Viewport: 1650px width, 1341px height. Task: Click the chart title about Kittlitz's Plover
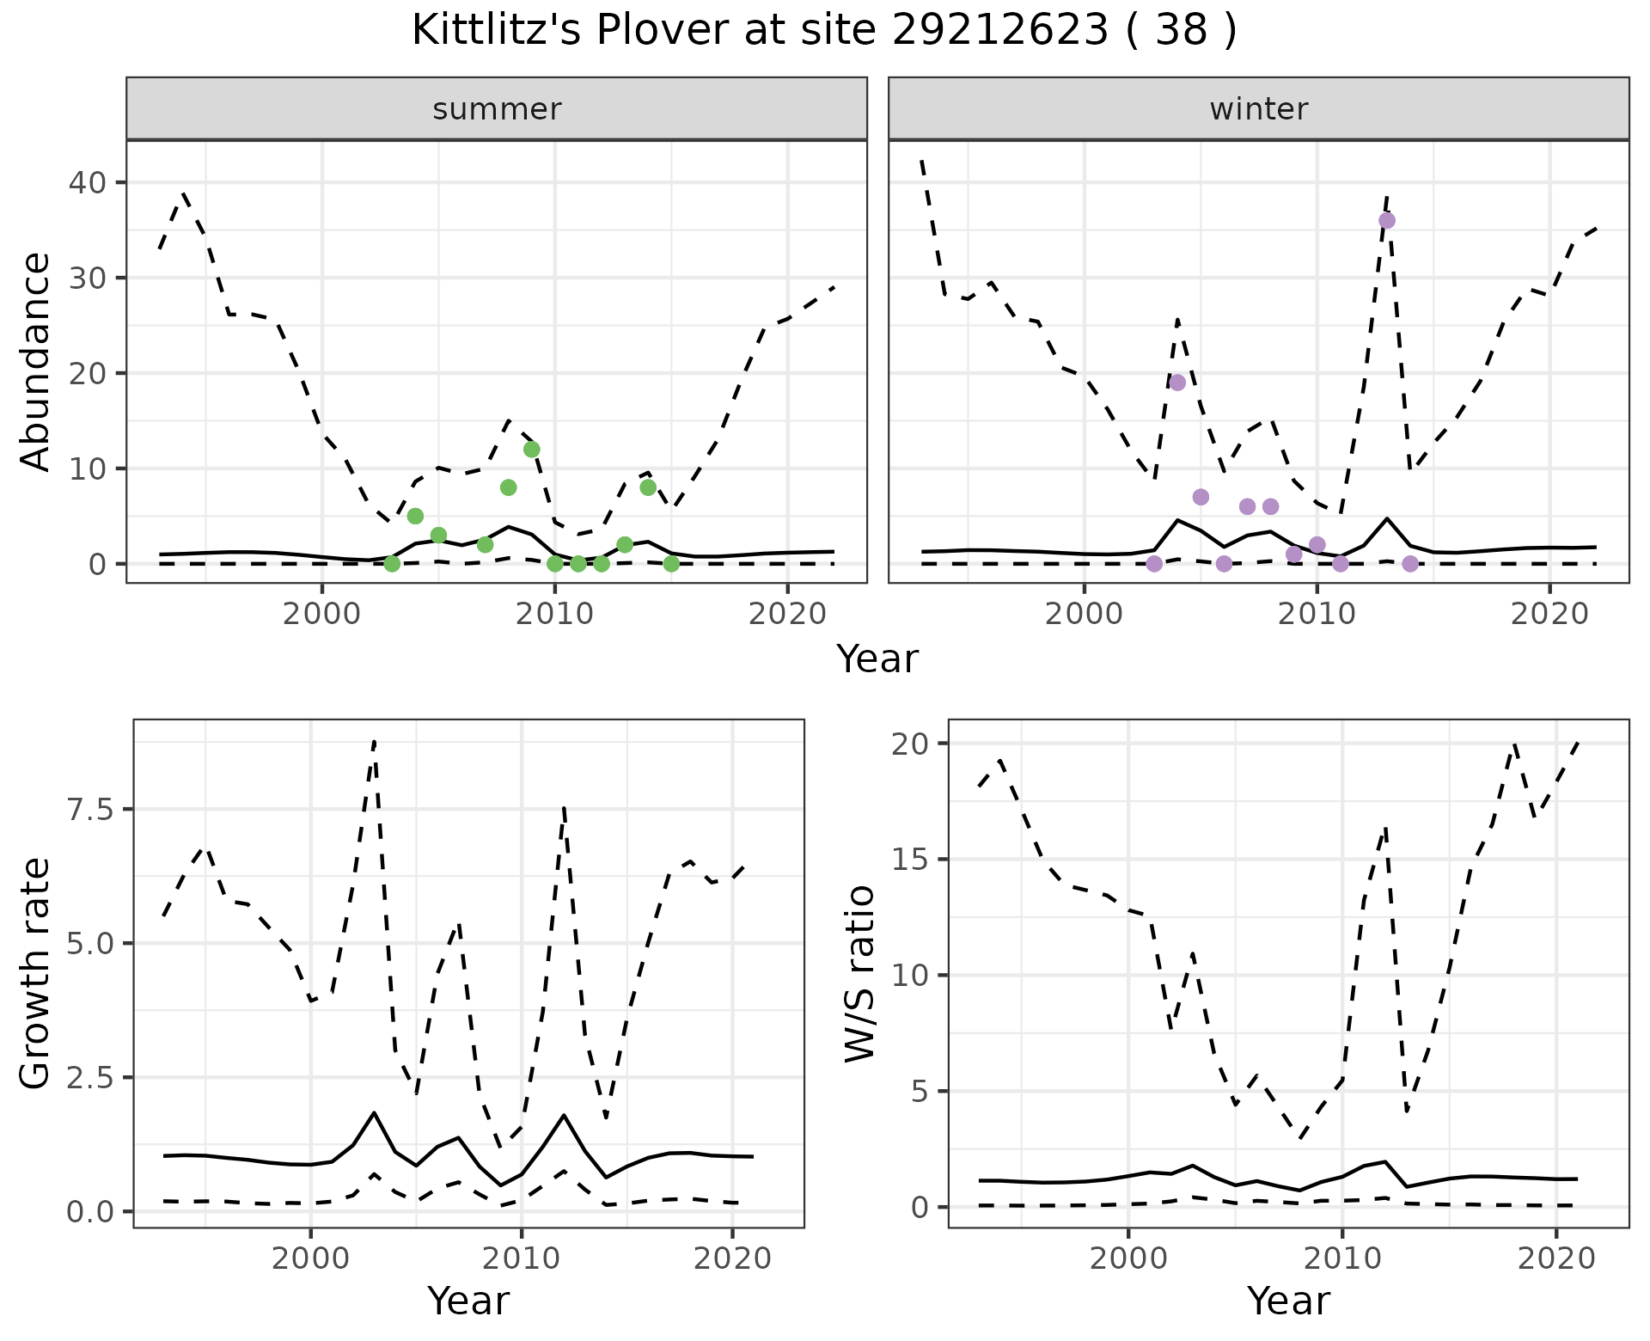pyautogui.click(x=824, y=31)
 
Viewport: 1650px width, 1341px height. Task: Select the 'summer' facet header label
pyautogui.click(x=497, y=109)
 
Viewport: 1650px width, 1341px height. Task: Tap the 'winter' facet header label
pyautogui.click(x=1258, y=109)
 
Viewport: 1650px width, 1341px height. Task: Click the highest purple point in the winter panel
pyautogui.click(x=1386, y=221)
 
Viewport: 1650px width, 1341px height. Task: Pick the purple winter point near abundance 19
pyautogui.click(x=1177, y=383)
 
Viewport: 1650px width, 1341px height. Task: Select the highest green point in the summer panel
pyautogui.click(x=531, y=450)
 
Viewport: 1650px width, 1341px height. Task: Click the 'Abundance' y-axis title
pyautogui.click(x=35, y=362)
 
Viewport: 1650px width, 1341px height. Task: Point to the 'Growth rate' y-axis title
pyautogui.click(x=35, y=974)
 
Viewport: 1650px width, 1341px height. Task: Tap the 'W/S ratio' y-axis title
pyautogui.click(x=859, y=974)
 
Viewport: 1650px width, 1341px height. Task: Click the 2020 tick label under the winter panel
pyautogui.click(x=1549, y=614)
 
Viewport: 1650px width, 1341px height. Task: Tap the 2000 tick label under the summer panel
pyautogui.click(x=322, y=614)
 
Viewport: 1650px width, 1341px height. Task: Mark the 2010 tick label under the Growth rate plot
pyautogui.click(x=521, y=1258)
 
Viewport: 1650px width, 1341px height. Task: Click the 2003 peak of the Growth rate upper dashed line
pyautogui.click(x=375, y=741)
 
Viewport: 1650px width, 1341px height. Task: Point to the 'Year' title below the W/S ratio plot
pyautogui.click(x=1288, y=1301)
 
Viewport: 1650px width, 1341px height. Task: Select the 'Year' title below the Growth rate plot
pyautogui.click(x=468, y=1301)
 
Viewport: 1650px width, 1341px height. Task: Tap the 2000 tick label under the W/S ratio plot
pyautogui.click(x=1127, y=1258)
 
